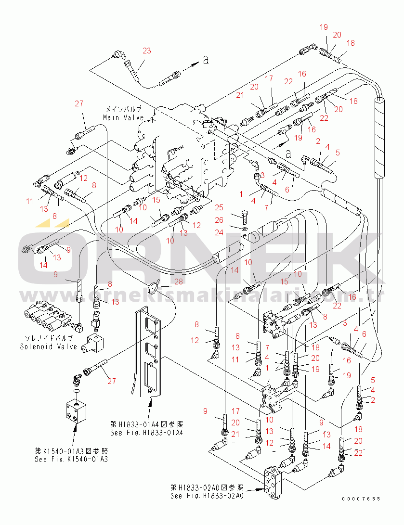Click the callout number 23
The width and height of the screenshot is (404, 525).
tap(147, 51)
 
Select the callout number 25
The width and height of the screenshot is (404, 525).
tap(220, 208)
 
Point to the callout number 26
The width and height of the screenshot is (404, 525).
tap(220, 220)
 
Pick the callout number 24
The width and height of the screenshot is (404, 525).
tap(220, 232)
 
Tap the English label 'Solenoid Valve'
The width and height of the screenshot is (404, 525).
tap(49, 346)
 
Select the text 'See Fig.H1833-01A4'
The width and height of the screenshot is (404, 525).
tap(147, 432)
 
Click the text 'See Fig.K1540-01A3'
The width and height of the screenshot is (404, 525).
tap(71, 459)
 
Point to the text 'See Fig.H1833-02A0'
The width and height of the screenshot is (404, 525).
tap(207, 496)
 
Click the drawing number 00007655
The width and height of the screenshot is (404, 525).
tap(361, 499)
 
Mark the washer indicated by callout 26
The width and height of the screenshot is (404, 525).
tap(244, 228)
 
